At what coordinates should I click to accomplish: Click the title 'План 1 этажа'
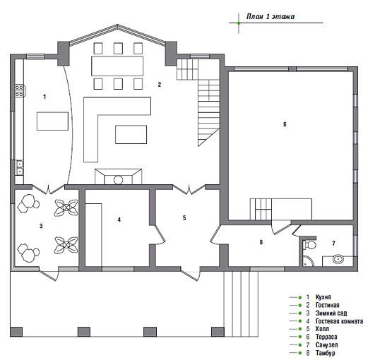[x=271, y=17]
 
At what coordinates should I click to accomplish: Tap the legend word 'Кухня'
[x=323, y=297]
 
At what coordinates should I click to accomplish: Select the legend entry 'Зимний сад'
[x=331, y=313]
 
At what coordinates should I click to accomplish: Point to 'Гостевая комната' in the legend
[x=339, y=321]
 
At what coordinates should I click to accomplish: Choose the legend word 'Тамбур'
[x=325, y=353]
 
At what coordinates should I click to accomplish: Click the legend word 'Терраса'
[x=326, y=337]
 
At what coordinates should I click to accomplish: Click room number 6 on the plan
[x=285, y=124]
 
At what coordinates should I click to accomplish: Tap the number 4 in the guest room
[x=119, y=220]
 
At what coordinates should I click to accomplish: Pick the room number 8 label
[x=261, y=242]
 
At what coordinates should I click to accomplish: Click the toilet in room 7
[x=309, y=245]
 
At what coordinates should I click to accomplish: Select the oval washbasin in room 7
[x=338, y=260]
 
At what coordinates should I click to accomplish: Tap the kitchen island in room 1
[x=52, y=121]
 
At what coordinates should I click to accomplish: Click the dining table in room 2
[x=117, y=66]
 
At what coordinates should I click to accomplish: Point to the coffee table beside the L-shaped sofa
[x=131, y=135]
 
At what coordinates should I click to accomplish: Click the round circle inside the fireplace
[x=118, y=180]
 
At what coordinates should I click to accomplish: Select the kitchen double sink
[x=20, y=167]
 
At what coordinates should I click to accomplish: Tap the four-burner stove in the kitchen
[x=19, y=91]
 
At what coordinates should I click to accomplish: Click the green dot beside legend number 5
[x=300, y=329]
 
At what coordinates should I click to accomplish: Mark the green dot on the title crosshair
[x=239, y=23]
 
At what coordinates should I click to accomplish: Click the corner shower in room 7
[x=308, y=261]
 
